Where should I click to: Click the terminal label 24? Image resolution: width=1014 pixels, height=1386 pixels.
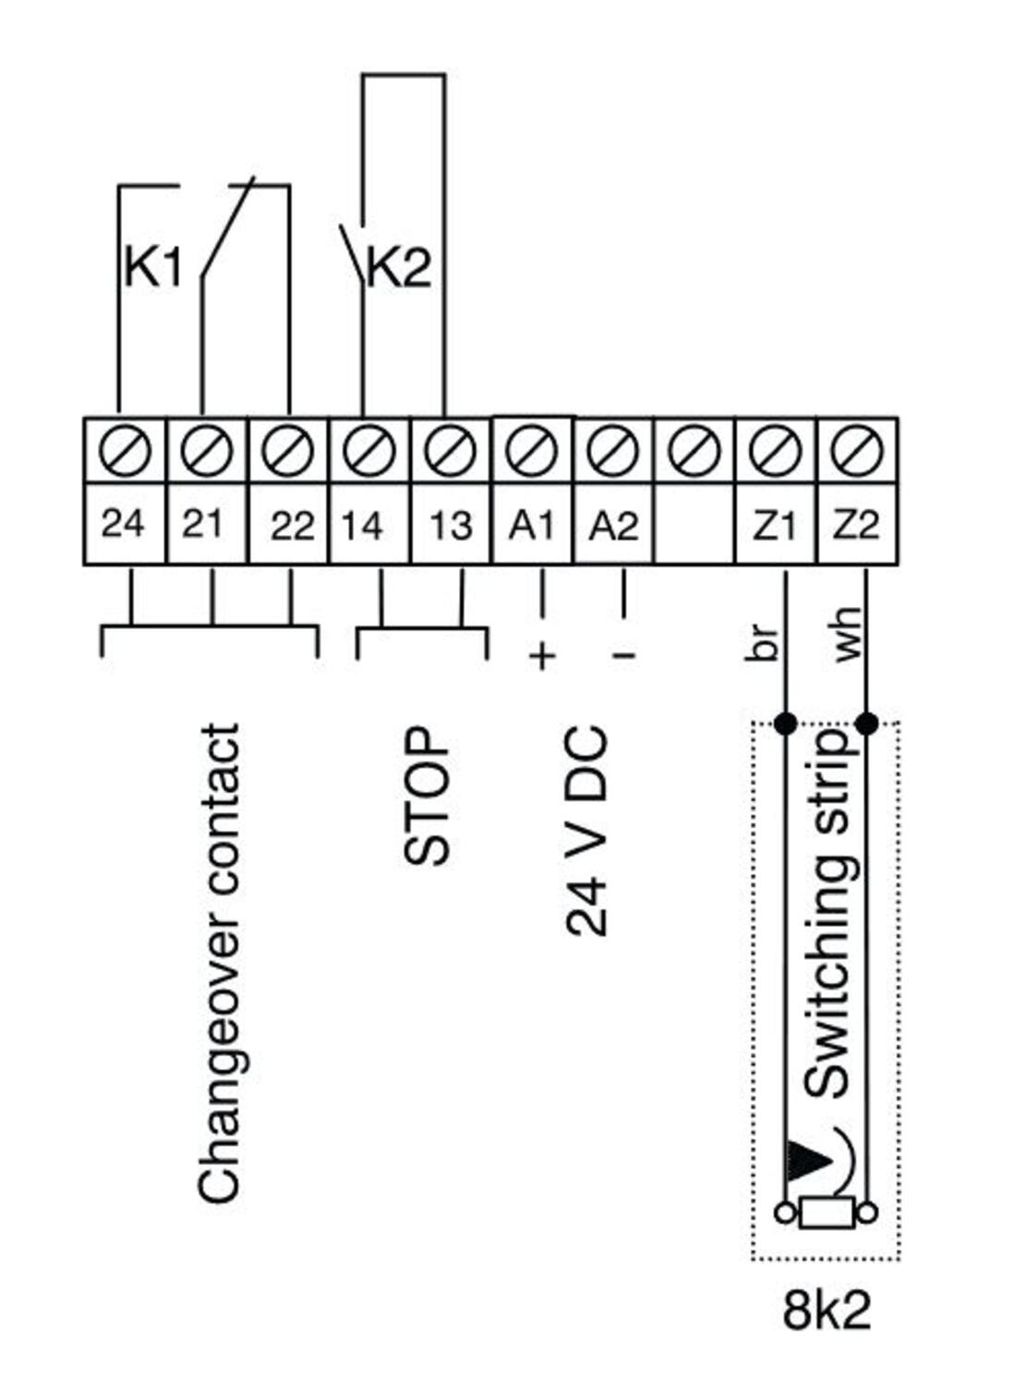point(123,524)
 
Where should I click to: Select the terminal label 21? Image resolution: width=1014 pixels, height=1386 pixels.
point(202,524)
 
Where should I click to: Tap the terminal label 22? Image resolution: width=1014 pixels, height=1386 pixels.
point(292,526)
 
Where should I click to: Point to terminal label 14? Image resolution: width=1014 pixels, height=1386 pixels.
point(362,526)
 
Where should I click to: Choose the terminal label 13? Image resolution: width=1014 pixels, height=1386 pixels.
point(451,526)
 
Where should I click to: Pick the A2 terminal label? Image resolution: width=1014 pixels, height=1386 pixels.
point(613,526)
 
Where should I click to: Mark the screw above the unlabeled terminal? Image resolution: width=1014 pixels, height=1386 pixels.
point(694,452)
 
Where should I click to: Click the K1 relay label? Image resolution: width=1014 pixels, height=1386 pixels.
point(152,269)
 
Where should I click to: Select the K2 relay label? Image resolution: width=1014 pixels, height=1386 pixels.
point(399,269)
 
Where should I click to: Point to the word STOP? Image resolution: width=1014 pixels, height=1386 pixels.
point(428,796)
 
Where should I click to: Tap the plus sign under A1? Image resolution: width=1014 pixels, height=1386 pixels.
point(542,656)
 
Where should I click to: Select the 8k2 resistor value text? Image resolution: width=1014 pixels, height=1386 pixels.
point(827,1309)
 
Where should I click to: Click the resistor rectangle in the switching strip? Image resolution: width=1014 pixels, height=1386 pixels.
point(827,1212)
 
